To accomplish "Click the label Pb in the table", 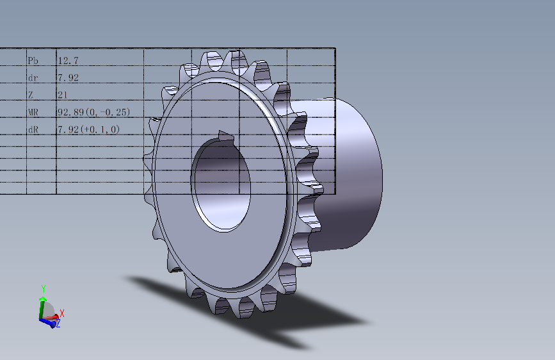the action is (33, 61).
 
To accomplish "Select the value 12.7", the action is (68, 61).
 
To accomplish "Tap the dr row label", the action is (33, 78).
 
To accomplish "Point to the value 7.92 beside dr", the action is (68, 78).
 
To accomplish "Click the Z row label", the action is (31, 95).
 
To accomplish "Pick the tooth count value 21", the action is (62, 95).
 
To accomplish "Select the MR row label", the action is (33, 112).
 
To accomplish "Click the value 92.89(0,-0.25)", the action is (94, 112).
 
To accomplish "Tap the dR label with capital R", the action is (33, 129).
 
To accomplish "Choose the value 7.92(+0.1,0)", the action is (88, 129).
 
